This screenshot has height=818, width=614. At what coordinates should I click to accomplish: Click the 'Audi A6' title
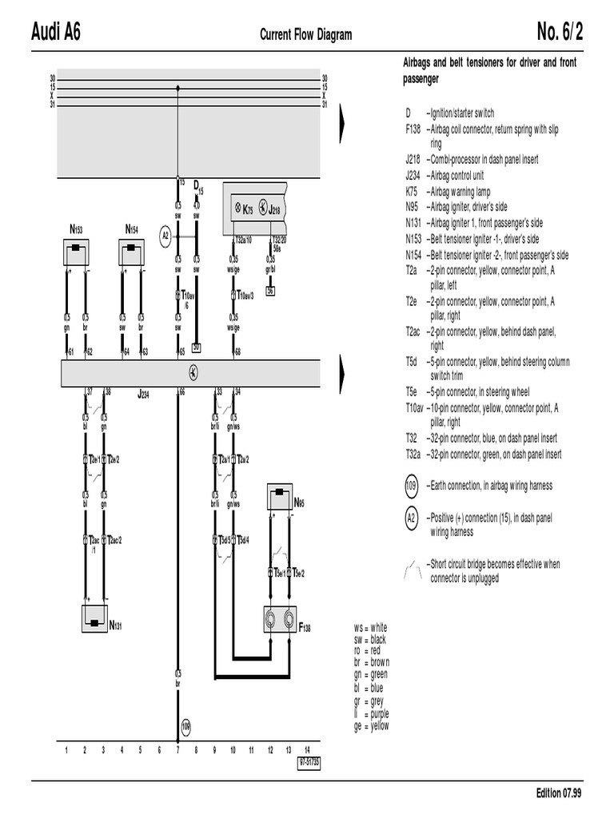point(55,33)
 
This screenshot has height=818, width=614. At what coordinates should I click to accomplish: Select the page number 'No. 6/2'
point(560,33)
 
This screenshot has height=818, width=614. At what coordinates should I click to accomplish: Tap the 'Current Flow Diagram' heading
point(305,35)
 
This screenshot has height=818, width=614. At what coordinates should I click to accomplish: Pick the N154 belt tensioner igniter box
point(132,252)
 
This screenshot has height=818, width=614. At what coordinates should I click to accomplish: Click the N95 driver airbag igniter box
point(281,499)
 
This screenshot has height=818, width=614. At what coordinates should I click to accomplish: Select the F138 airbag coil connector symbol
point(281,619)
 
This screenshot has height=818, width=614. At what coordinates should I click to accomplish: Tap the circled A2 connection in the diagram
point(165,236)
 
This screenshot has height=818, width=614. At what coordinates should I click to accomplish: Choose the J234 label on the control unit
point(143,394)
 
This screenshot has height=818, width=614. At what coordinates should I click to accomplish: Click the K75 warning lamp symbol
point(237,209)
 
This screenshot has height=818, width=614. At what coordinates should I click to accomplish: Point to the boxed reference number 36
point(271,291)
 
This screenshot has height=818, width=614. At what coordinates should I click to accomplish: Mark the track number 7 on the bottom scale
point(177,750)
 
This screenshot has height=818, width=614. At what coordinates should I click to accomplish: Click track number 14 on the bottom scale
point(307,750)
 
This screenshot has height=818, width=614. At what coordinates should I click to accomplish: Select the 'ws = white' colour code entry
point(370,627)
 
